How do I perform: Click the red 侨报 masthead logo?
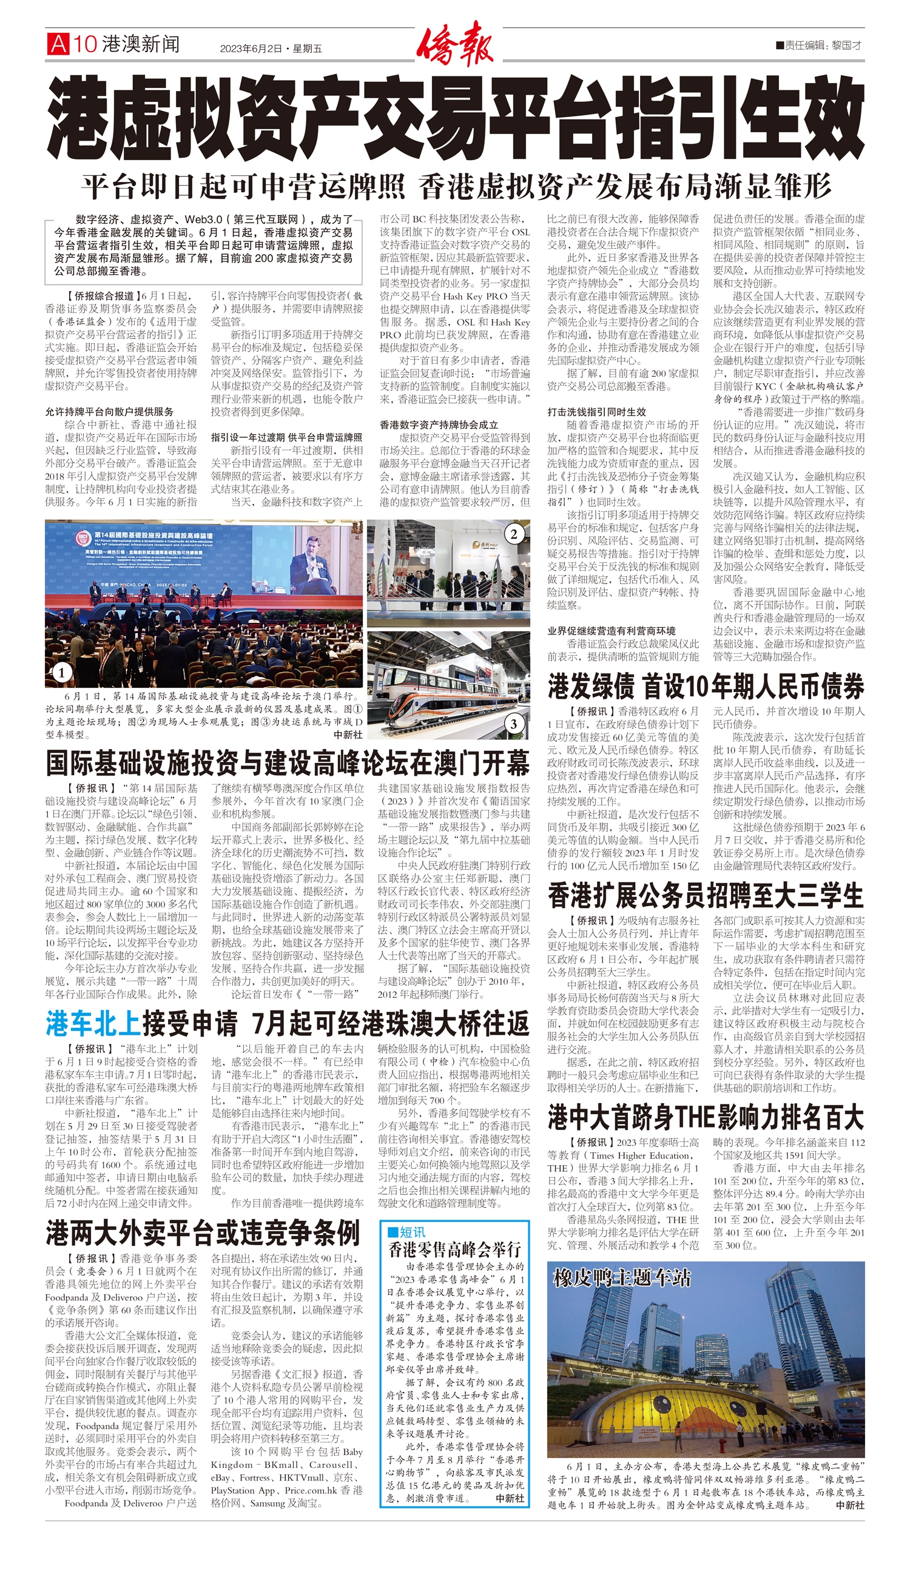coord(455,44)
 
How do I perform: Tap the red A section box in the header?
coord(57,44)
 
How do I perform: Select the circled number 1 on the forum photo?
coord(62,673)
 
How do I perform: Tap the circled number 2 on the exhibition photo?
coord(514,534)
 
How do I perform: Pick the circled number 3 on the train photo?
coord(514,724)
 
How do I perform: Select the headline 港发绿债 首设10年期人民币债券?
coord(706,686)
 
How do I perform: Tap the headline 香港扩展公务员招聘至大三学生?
coord(706,896)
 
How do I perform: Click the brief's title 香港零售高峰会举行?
coord(454,1249)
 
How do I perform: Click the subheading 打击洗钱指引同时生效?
coord(596,412)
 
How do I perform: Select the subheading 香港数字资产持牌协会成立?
coord(439,424)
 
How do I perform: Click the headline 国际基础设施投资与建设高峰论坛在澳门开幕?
coord(288,763)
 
